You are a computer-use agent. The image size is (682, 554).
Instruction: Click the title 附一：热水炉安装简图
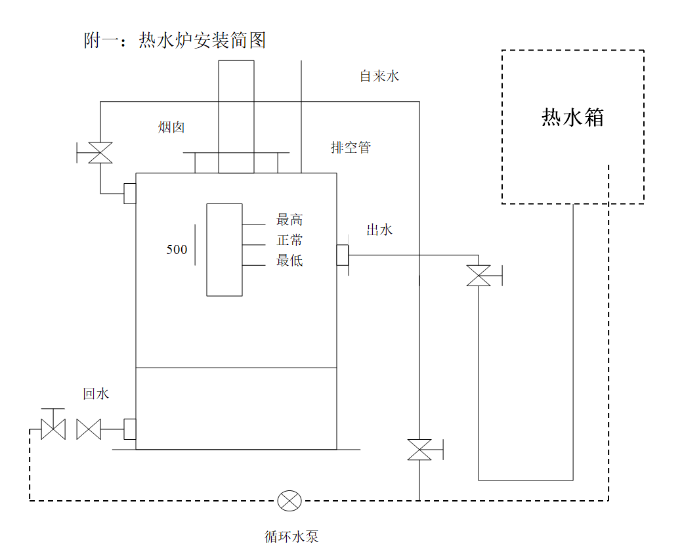coord(175,41)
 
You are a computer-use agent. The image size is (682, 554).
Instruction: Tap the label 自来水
coord(379,76)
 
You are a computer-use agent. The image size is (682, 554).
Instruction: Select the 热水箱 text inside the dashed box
coord(572,117)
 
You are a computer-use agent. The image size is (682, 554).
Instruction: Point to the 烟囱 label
coord(171,127)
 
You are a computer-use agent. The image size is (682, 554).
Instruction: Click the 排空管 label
coord(350,148)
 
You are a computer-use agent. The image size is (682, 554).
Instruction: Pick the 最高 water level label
coord(289,220)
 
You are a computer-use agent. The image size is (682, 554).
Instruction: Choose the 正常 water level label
coord(289,240)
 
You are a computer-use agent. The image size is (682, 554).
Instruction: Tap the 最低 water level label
coord(289,261)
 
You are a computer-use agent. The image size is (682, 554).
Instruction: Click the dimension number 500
coord(177,249)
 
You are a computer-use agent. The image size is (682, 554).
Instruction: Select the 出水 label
coord(379,230)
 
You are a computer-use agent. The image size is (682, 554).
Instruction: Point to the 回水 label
coord(96,394)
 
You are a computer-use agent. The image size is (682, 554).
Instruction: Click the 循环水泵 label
coord(291,536)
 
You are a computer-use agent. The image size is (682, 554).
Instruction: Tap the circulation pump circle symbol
coord(289,501)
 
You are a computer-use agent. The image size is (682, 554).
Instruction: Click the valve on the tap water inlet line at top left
coord(100,153)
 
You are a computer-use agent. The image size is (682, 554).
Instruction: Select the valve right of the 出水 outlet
coord(479,275)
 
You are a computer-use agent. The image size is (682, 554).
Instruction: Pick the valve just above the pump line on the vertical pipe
coord(419,450)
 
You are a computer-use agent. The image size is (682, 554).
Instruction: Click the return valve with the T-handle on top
coord(53,428)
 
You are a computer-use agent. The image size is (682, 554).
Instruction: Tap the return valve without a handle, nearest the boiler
coord(88,429)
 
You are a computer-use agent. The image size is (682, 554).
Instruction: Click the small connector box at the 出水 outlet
coord(342,255)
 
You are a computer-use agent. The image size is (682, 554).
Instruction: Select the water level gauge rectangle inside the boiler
coord(224,249)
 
